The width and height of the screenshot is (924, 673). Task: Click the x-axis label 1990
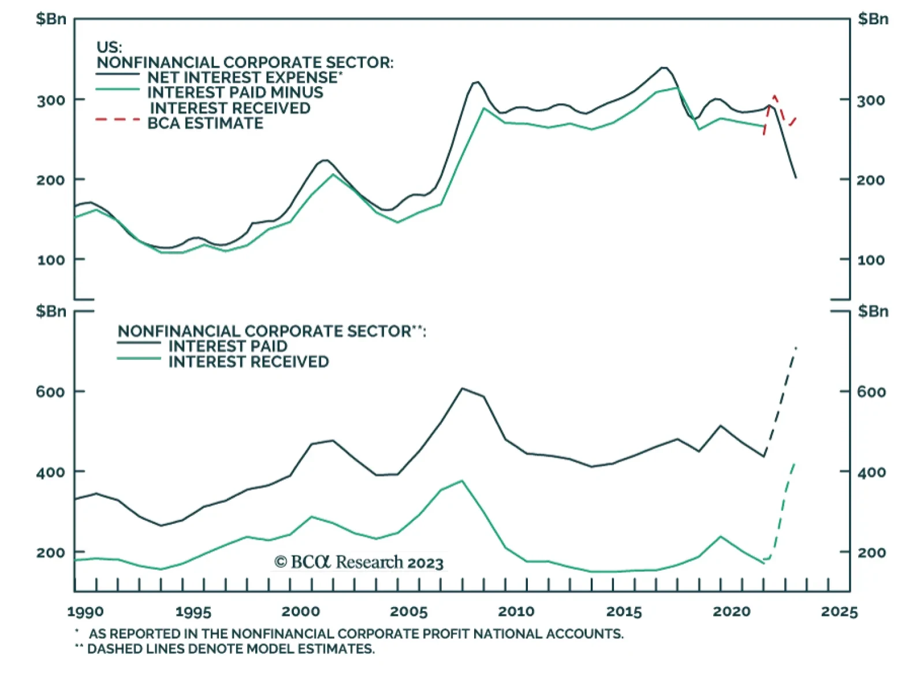[x=85, y=612]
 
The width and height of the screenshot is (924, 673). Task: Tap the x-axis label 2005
[x=409, y=612]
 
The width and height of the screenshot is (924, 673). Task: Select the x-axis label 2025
[x=839, y=612]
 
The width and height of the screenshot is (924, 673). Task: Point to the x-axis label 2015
[x=624, y=612]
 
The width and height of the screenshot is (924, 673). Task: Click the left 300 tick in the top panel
[x=51, y=101]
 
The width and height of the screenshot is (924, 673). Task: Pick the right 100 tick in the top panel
[x=871, y=261]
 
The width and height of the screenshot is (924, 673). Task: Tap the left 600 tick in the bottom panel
[x=50, y=392]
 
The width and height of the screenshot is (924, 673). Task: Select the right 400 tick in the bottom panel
[x=871, y=473]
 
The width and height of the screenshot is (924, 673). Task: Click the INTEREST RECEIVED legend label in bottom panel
[x=248, y=362]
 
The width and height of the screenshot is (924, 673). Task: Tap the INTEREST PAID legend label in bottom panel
[x=228, y=347]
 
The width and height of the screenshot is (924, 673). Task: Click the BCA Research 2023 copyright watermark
[x=359, y=562]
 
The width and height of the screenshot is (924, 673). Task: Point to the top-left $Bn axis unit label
[x=51, y=19]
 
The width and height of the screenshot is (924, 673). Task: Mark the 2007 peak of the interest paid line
[x=462, y=388]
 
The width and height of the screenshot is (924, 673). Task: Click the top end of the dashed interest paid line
[x=796, y=348]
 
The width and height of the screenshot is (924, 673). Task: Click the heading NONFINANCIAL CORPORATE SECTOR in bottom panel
[x=264, y=332]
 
